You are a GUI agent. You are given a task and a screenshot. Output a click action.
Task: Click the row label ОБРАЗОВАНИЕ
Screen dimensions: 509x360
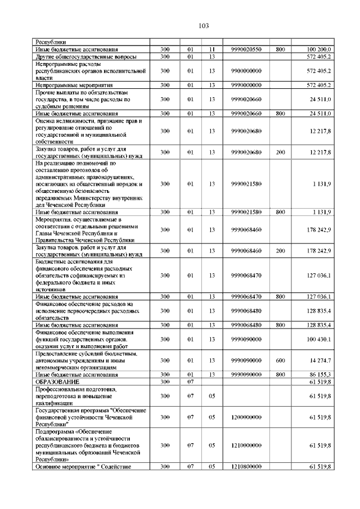(58, 381)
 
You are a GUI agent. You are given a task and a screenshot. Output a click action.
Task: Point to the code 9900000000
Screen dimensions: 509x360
(246, 71)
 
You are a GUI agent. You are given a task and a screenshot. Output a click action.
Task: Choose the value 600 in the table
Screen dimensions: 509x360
(280, 360)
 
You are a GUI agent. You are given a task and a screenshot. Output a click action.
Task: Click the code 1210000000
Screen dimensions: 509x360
(246, 445)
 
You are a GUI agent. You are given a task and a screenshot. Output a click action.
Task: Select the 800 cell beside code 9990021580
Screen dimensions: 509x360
(280, 211)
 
